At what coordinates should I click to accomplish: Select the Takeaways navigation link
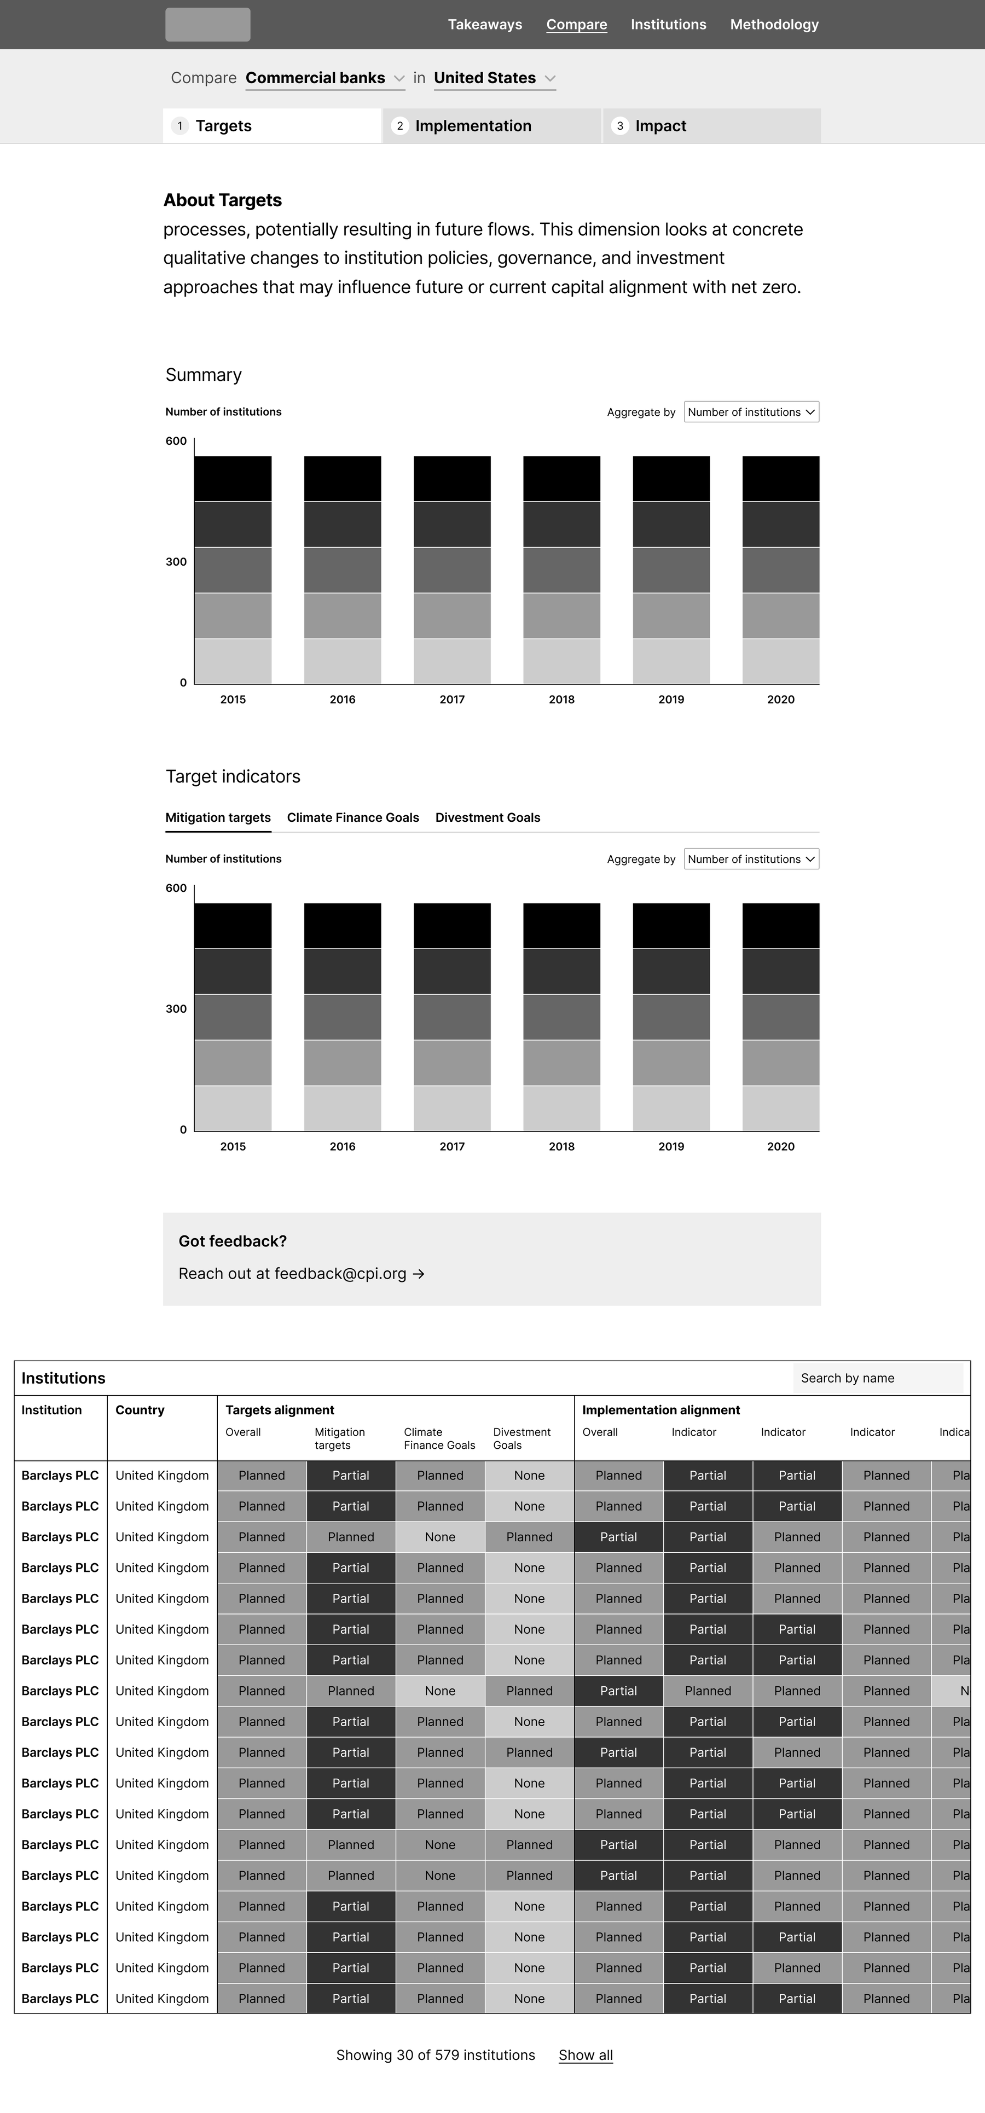[485, 25]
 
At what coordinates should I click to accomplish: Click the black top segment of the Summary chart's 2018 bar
[561, 478]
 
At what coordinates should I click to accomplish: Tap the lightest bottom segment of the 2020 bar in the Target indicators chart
[780, 1108]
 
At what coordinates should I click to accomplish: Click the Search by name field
[878, 1378]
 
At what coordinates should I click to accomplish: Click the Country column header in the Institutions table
[140, 1410]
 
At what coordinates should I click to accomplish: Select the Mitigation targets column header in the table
[339, 1438]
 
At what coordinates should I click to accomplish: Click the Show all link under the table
[586, 2055]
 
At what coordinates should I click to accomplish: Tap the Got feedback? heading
[232, 1241]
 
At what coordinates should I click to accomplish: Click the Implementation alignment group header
[660, 1410]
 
